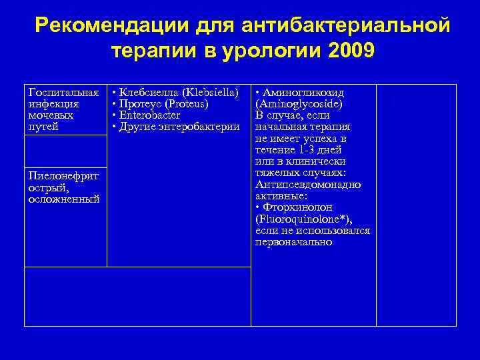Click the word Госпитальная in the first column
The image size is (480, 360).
pos(64,93)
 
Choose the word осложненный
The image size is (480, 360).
pos(64,199)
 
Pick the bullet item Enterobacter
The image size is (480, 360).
pos(150,115)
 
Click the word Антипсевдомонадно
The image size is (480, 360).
pos(308,184)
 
